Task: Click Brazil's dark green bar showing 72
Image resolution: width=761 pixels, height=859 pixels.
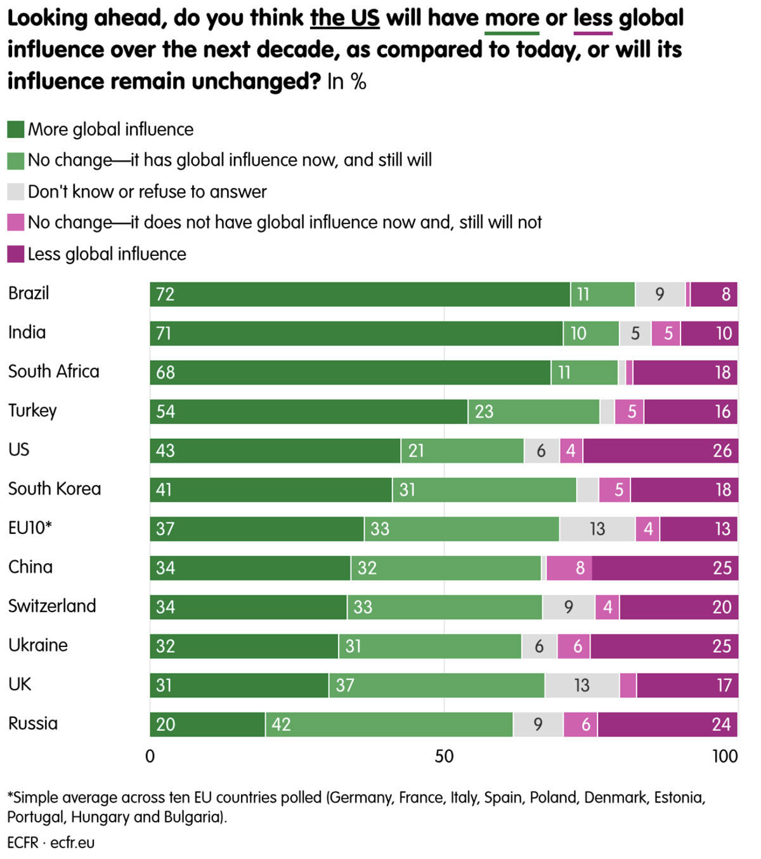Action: tap(360, 295)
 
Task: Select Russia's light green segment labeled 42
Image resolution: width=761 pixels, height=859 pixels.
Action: tap(389, 724)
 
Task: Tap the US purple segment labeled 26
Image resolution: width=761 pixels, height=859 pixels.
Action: tap(660, 451)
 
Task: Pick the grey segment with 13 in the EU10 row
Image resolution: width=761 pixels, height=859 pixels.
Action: tap(597, 529)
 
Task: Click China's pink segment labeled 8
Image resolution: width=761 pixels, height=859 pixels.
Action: tap(569, 568)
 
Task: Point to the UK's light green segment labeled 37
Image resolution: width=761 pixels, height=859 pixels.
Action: tap(436, 686)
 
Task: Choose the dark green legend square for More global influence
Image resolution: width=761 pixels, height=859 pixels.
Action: tap(16, 130)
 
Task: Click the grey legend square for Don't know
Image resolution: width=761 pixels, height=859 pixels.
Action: tap(16, 192)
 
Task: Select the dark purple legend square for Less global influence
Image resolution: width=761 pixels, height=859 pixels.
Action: tap(16, 254)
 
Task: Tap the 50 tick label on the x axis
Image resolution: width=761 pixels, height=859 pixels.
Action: tap(444, 756)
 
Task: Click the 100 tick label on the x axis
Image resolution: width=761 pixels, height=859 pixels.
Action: tap(725, 756)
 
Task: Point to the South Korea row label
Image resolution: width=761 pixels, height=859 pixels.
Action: tap(55, 489)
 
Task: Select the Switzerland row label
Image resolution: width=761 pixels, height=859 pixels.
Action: tap(52, 606)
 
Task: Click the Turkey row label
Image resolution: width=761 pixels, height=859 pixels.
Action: tap(32, 411)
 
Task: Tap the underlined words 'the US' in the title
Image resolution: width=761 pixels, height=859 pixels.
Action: tap(344, 18)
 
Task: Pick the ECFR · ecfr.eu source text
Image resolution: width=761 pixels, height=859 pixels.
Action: tap(51, 843)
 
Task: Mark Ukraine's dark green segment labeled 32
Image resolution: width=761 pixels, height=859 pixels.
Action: tap(244, 646)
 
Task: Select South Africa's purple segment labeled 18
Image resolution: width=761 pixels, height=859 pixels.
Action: tap(685, 373)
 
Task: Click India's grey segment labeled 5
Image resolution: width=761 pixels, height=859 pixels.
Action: tap(635, 334)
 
